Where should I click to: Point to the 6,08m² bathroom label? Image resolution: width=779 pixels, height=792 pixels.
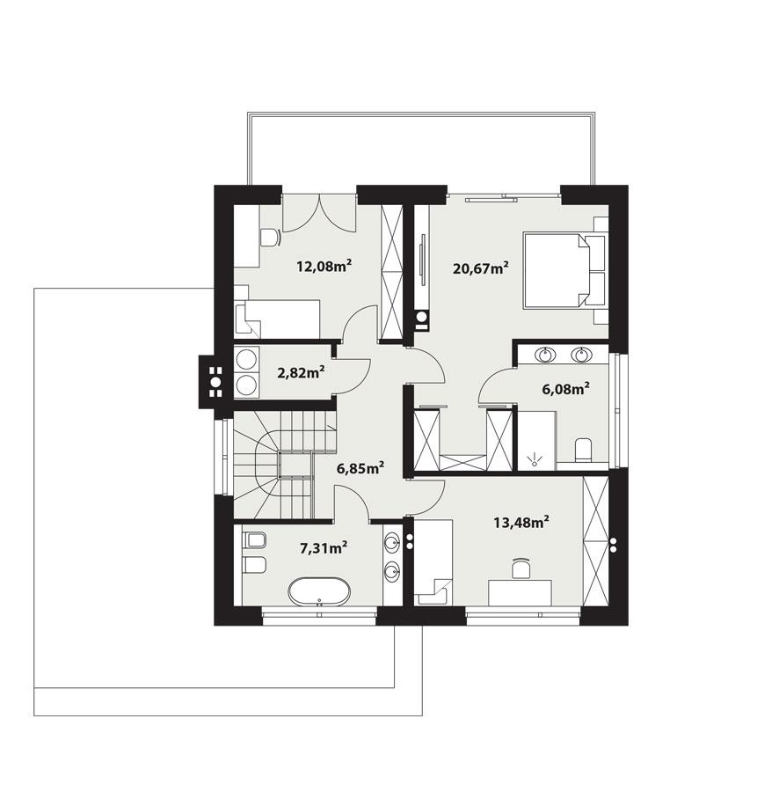click(563, 388)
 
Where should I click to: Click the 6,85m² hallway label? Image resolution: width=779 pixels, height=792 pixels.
click(360, 468)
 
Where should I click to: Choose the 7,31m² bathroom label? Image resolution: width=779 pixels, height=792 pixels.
click(323, 548)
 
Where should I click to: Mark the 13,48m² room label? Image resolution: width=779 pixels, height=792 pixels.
click(521, 522)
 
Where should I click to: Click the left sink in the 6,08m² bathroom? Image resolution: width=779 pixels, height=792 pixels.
click(546, 356)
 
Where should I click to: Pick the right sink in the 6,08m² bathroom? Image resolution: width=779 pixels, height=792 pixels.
click(580, 356)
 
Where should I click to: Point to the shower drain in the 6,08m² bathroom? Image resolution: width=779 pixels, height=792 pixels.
click(533, 458)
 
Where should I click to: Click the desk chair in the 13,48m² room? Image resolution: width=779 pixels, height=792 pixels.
click(521, 568)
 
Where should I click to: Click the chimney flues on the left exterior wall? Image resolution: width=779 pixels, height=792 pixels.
click(213, 379)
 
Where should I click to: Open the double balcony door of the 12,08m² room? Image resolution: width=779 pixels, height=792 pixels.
click(318, 211)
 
